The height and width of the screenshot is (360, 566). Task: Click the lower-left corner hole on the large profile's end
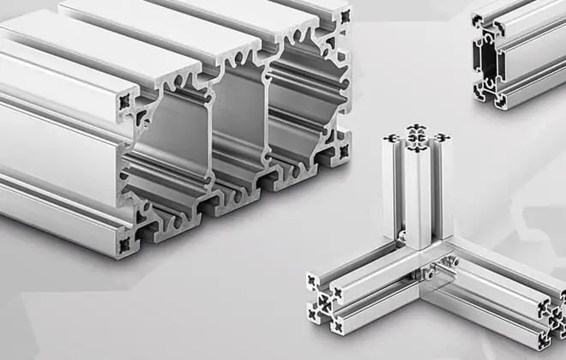coord(124,243)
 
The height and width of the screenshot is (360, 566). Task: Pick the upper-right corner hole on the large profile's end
coord(345,16)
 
